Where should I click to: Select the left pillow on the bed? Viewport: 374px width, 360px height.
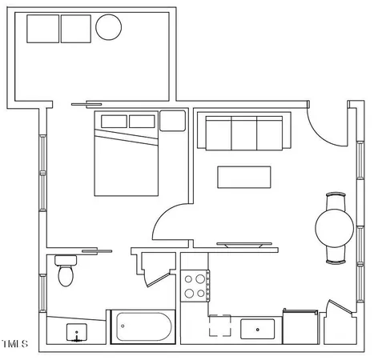pyautogui.click(x=114, y=122)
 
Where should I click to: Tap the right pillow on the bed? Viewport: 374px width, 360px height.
pyautogui.click(x=142, y=122)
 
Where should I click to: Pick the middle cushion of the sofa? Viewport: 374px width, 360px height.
pyautogui.click(x=243, y=131)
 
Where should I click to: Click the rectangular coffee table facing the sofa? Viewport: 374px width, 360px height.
pyautogui.click(x=244, y=176)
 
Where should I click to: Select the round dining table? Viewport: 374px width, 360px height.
pyautogui.click(x=334, y=227)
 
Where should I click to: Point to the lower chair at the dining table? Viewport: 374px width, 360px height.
pyautogui.click(x=335, y=255)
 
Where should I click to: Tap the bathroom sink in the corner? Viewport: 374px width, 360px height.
pyautogui.click(x=77, y=332)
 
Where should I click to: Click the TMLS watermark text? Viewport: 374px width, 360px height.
pyautogui.click(x=14, y=345)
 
